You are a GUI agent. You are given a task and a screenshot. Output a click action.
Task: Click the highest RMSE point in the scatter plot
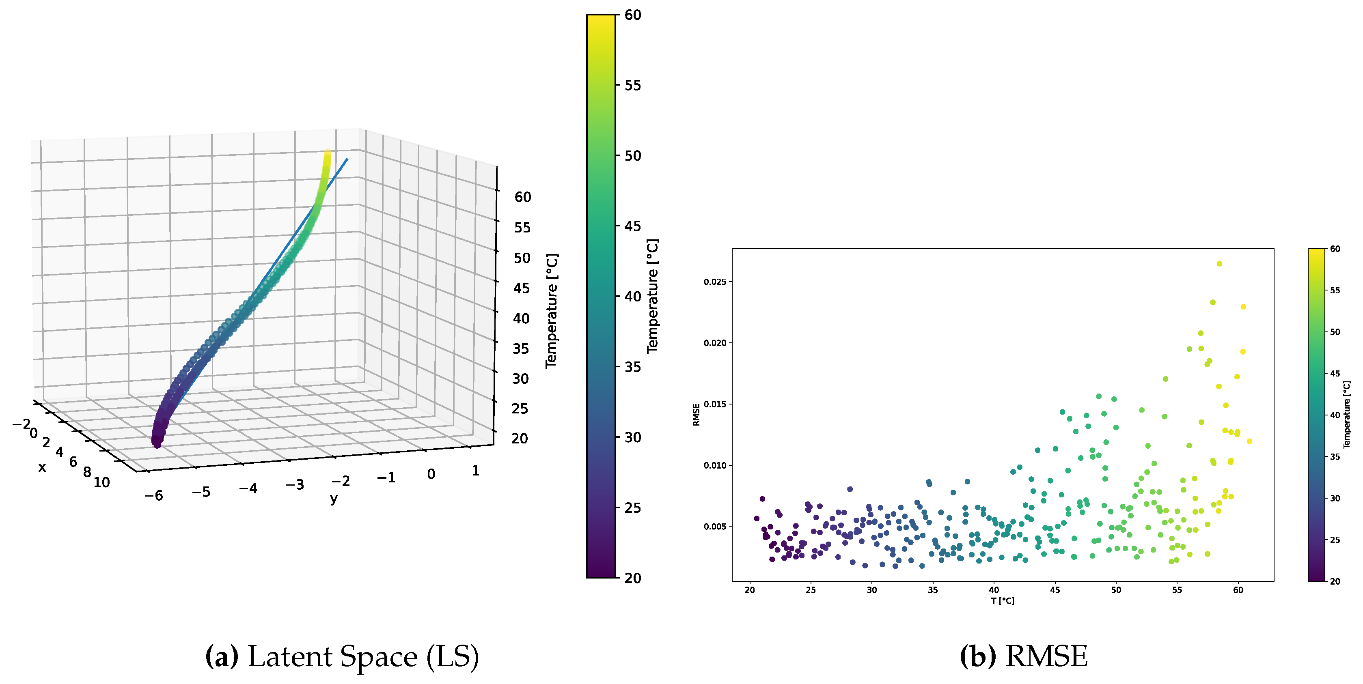[1219, 263]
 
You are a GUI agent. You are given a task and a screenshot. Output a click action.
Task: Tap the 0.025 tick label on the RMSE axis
[714, 282]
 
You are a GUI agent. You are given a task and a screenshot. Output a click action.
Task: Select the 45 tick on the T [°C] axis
[1055, 590]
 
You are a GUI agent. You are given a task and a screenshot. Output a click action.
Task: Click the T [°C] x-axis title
[1002, 601]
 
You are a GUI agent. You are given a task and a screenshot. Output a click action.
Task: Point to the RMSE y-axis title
[697, 415]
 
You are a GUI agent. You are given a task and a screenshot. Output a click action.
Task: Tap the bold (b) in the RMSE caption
[977, 656]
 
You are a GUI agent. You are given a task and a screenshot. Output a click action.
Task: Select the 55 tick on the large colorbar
[632, 85]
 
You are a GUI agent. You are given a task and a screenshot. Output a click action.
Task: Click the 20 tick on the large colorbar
[632, 578]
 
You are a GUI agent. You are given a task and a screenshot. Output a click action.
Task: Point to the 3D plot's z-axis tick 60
[522, 197]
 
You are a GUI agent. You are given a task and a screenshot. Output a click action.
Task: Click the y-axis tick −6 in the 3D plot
[153, 496]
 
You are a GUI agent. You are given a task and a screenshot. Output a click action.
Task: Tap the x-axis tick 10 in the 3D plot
[101, 482]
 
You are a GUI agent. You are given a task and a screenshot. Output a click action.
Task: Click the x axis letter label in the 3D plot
[42, 467]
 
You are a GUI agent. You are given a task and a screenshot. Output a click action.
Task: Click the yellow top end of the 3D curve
[328, 154]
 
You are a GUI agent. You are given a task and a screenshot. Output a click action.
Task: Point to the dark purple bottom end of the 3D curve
[157, 444]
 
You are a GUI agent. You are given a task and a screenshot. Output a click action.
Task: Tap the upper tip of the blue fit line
[347, 159]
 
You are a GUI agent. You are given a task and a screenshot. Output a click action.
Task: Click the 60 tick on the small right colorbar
[1335, 249]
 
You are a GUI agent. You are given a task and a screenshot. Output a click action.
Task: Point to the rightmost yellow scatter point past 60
[1249, 441]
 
